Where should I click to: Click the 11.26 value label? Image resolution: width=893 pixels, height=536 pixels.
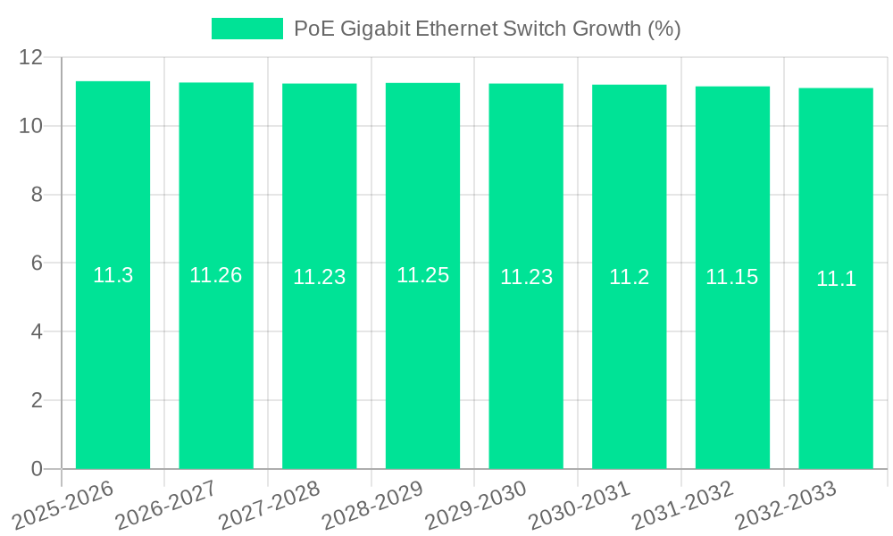click(215, 275)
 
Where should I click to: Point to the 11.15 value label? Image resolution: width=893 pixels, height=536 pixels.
click(731, 277)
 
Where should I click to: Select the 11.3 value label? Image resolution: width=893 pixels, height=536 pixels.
click(113, 275)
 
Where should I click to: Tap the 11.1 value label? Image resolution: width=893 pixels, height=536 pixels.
click(836, 279)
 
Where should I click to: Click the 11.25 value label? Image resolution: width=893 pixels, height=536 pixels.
click(422, 275)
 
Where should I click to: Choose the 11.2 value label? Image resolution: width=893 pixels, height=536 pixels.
click(629, 277)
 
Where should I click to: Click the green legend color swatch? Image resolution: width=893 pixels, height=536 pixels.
click(246, 29)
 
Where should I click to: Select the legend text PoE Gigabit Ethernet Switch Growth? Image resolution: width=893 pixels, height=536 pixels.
click(487, 29)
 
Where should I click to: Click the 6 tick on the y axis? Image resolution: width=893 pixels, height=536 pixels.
click(37, 263)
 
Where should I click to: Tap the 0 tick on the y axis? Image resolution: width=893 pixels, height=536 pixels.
click(37, 469)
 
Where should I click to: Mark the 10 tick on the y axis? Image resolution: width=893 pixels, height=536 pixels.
click(31, 126)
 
